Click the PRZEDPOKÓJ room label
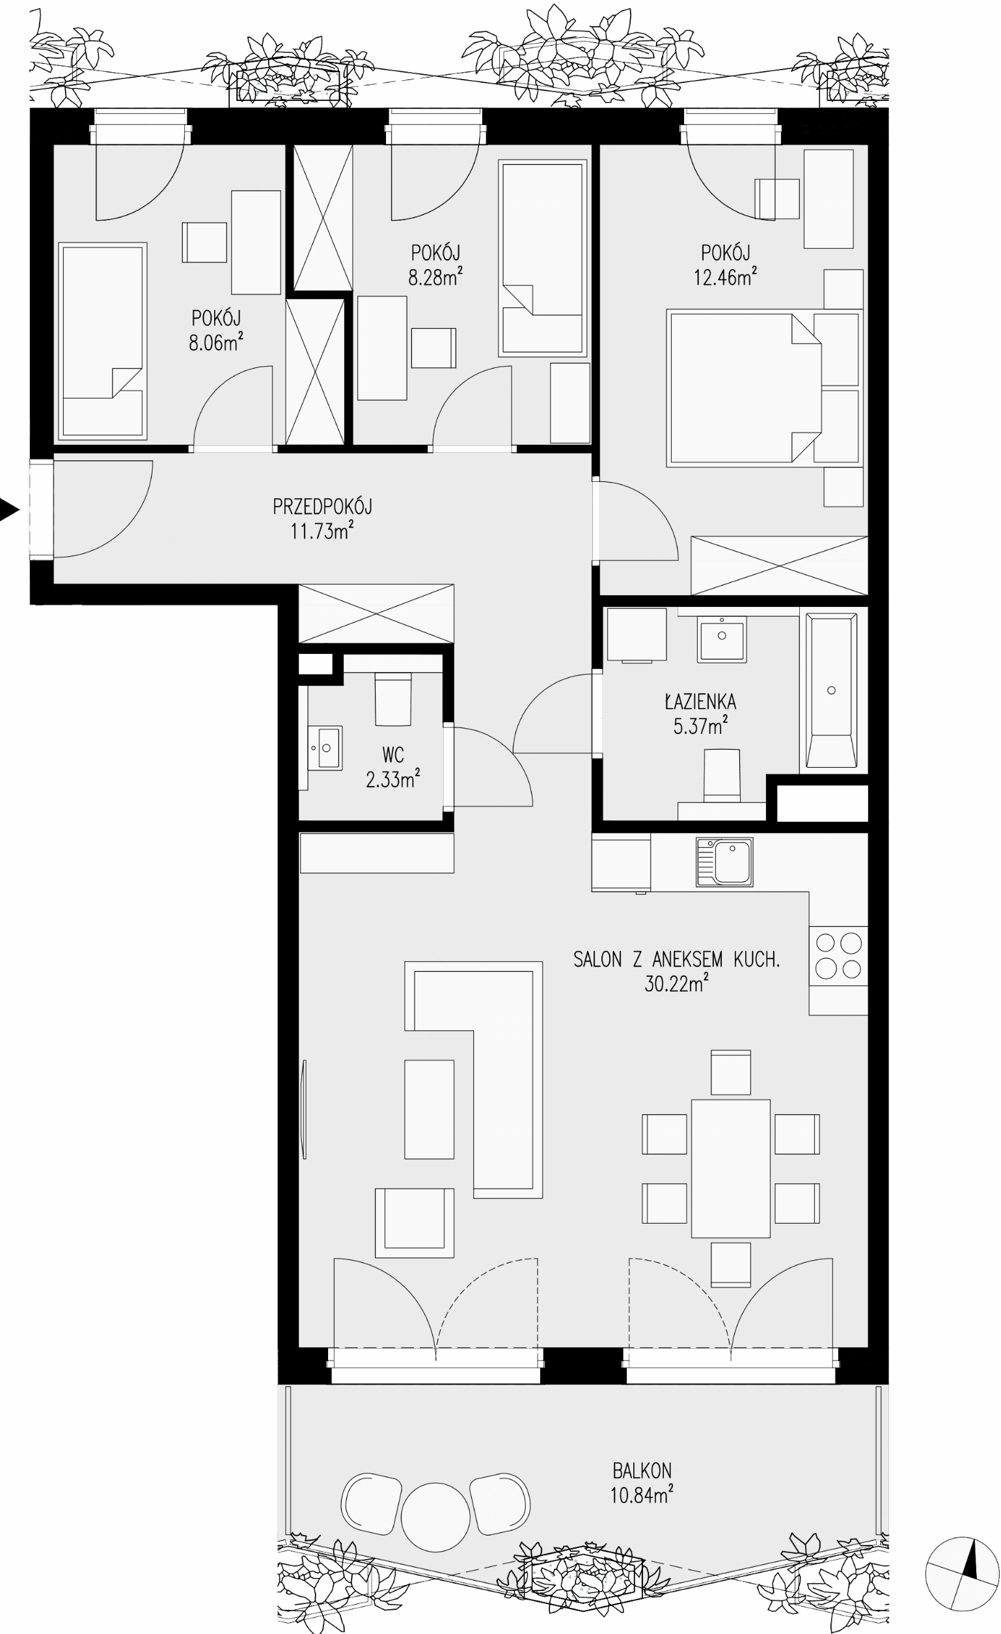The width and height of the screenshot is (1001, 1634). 322,507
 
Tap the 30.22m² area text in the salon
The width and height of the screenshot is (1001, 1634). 676,983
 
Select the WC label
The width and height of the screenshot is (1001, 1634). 392,755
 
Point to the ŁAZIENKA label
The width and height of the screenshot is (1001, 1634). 700,701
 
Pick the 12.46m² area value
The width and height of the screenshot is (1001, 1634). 725,277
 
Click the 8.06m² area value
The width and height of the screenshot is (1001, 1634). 215,342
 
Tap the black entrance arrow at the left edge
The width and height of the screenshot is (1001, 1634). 9,510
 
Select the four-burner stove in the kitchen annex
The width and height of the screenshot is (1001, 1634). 838,955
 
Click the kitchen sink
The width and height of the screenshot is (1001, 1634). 724,862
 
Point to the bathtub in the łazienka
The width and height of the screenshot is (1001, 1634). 831,690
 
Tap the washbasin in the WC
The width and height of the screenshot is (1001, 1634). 325,748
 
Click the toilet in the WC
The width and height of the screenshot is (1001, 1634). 393,699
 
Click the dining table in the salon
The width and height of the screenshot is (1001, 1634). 730,1168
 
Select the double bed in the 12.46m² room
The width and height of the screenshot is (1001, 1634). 745,388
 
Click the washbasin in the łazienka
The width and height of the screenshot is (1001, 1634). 721,639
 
